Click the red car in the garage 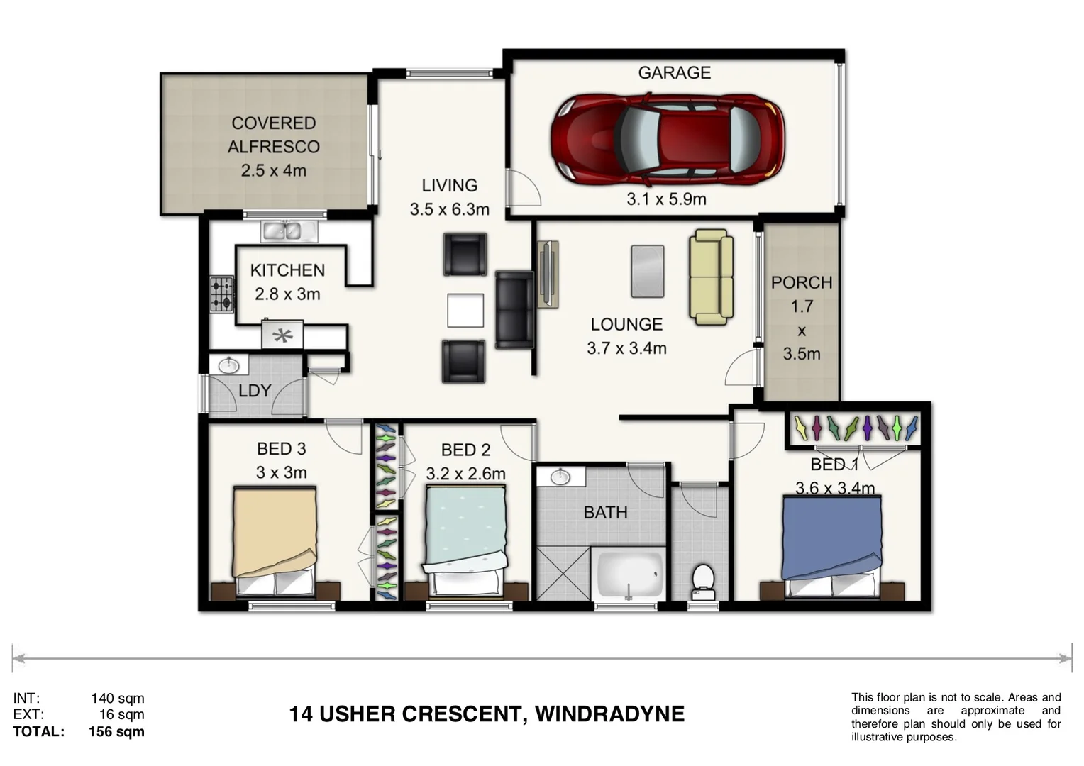click(668, 136)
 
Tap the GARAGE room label click(674, 73)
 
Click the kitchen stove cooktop click(221, 294)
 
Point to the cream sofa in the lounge click(711, 277)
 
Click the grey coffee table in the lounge click(648, 271)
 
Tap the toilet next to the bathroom click(702, 580)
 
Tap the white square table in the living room click(465, 310)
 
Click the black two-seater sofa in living click(514, 309)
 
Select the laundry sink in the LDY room click(228, 366)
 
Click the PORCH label click(802, 283)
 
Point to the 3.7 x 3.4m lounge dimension click(626, 348)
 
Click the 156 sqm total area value click(116, 732)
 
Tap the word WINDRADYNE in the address click(609, 714)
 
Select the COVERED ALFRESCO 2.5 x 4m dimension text click(273, 171)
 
